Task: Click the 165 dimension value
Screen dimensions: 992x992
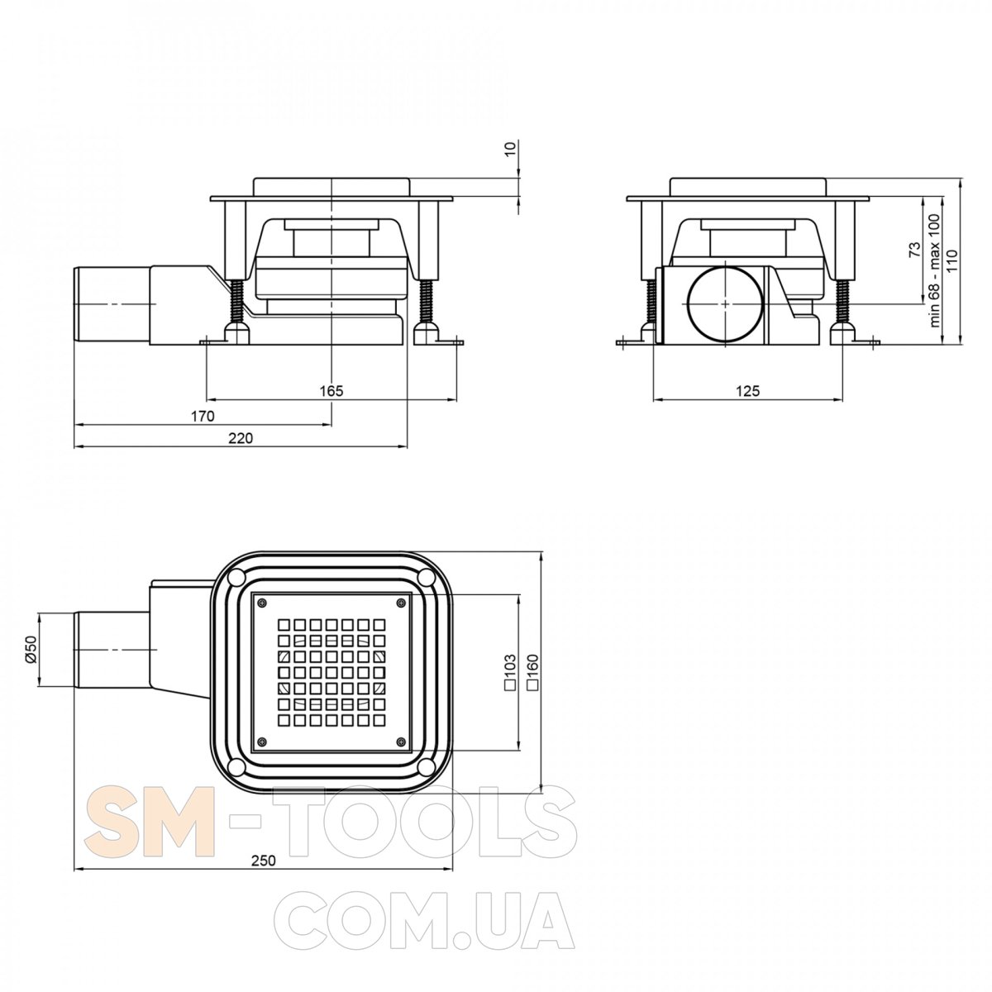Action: (331, 391)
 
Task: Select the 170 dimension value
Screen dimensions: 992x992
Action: (203, 416)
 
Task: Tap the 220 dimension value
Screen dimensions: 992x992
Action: (241, 438)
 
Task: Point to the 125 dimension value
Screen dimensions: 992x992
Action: (747, 391)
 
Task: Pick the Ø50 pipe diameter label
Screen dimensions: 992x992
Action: (31, 651)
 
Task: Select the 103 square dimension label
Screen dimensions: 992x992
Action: (510, 672)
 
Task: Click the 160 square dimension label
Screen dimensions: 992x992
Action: (532, 672)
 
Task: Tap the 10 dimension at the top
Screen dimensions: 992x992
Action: (510, 149)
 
